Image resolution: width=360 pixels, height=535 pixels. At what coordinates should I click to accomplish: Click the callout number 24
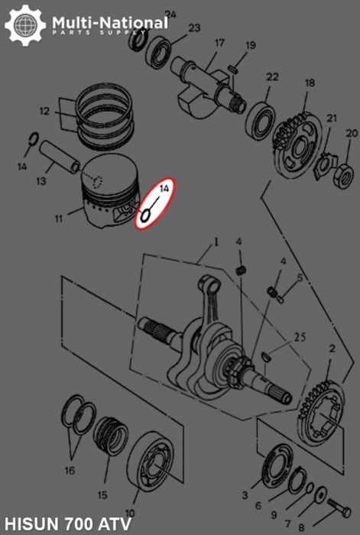pyautogui.click(x=170, y=14)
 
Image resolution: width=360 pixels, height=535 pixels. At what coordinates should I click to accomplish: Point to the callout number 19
pyautogui.click(x=250, y=47)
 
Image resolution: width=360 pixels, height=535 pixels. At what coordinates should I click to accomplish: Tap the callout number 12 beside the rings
pyautogui.click(x=44, y=111)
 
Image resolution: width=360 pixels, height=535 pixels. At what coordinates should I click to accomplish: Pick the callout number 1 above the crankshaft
pyautogui.click(x=216, y=242)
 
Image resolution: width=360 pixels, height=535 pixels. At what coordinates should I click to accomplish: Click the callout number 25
pyautogui.click(x=300, y=336)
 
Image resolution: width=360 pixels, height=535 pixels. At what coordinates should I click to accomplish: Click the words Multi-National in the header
pyautogui.click(x=109, y=21)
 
